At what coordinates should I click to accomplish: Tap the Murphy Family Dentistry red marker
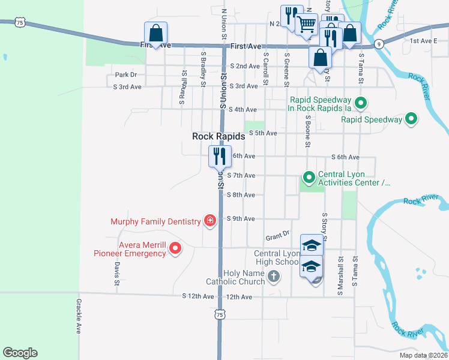click(x=210, y=221)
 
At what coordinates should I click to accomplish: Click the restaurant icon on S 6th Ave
click(x=218, y=157)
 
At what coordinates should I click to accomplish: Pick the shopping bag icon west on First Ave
click(x=155, y=33)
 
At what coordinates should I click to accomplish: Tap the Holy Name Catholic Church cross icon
click(x=274, y=277)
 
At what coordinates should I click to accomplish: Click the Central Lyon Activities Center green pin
click(x=309, y=178)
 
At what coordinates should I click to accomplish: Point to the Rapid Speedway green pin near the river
click(x=411, y=119)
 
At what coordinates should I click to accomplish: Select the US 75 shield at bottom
click(x=220, y=314)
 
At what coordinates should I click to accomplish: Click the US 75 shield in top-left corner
click(x=20, y=22)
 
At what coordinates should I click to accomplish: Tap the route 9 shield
click(x=378, y=44)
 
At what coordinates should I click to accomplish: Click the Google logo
click(x=20, y=353)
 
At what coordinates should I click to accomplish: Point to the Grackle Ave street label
click(x=78, y=316)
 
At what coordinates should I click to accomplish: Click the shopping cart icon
click(x=306, y=24)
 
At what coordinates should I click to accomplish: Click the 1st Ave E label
click(x=423, y=41)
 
